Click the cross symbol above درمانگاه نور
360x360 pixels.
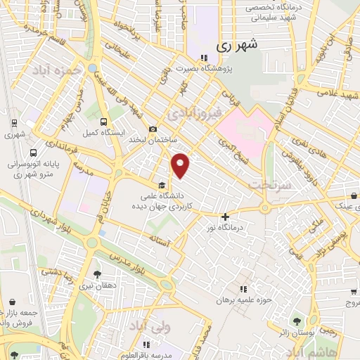click(x=225, y=217)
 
